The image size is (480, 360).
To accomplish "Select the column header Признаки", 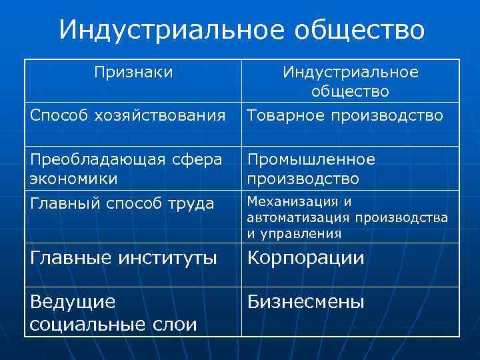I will [x=133, y=71].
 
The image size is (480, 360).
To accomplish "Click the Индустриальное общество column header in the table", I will [x=350, y=81].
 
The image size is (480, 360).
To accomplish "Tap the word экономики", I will [x=74, y=179].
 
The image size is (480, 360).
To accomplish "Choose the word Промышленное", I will [x=311, y=160].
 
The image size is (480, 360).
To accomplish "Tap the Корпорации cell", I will [x=306, y=258].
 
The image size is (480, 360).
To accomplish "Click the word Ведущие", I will [x=73, y=302].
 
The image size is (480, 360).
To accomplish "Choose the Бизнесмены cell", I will [x=306, y=302].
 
